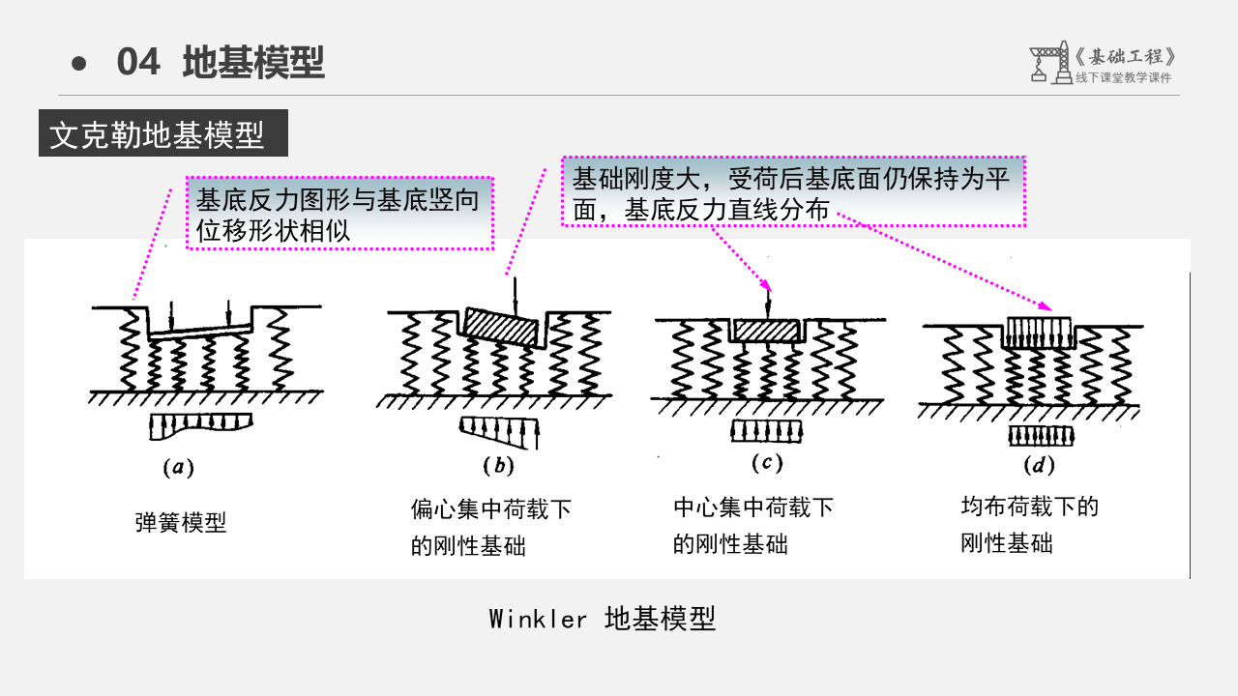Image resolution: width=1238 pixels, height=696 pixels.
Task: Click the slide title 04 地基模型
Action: (x=221, y=63)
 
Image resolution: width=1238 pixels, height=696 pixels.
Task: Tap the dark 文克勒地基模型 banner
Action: (x=162, y=135)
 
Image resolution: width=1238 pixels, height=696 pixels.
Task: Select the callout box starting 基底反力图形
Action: (x=339, y=214)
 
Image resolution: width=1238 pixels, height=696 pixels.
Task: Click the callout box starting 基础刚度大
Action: (x=792, y=192)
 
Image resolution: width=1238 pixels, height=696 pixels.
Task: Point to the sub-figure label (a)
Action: (x=177, y=469)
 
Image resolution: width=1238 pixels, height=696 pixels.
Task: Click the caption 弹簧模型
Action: (x=181, y=524)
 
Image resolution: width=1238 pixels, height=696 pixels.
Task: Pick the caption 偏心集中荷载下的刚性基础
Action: (x=490, y=527)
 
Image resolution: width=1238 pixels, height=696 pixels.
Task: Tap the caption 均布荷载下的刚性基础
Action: (x=1029, y=525)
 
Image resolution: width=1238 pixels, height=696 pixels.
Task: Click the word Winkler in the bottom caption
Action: (x=538, y=619)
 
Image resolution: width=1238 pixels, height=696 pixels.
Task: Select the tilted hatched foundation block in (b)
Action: (x=501, y=327)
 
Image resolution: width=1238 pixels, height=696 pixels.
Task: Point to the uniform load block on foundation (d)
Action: (x=1039, y=333)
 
